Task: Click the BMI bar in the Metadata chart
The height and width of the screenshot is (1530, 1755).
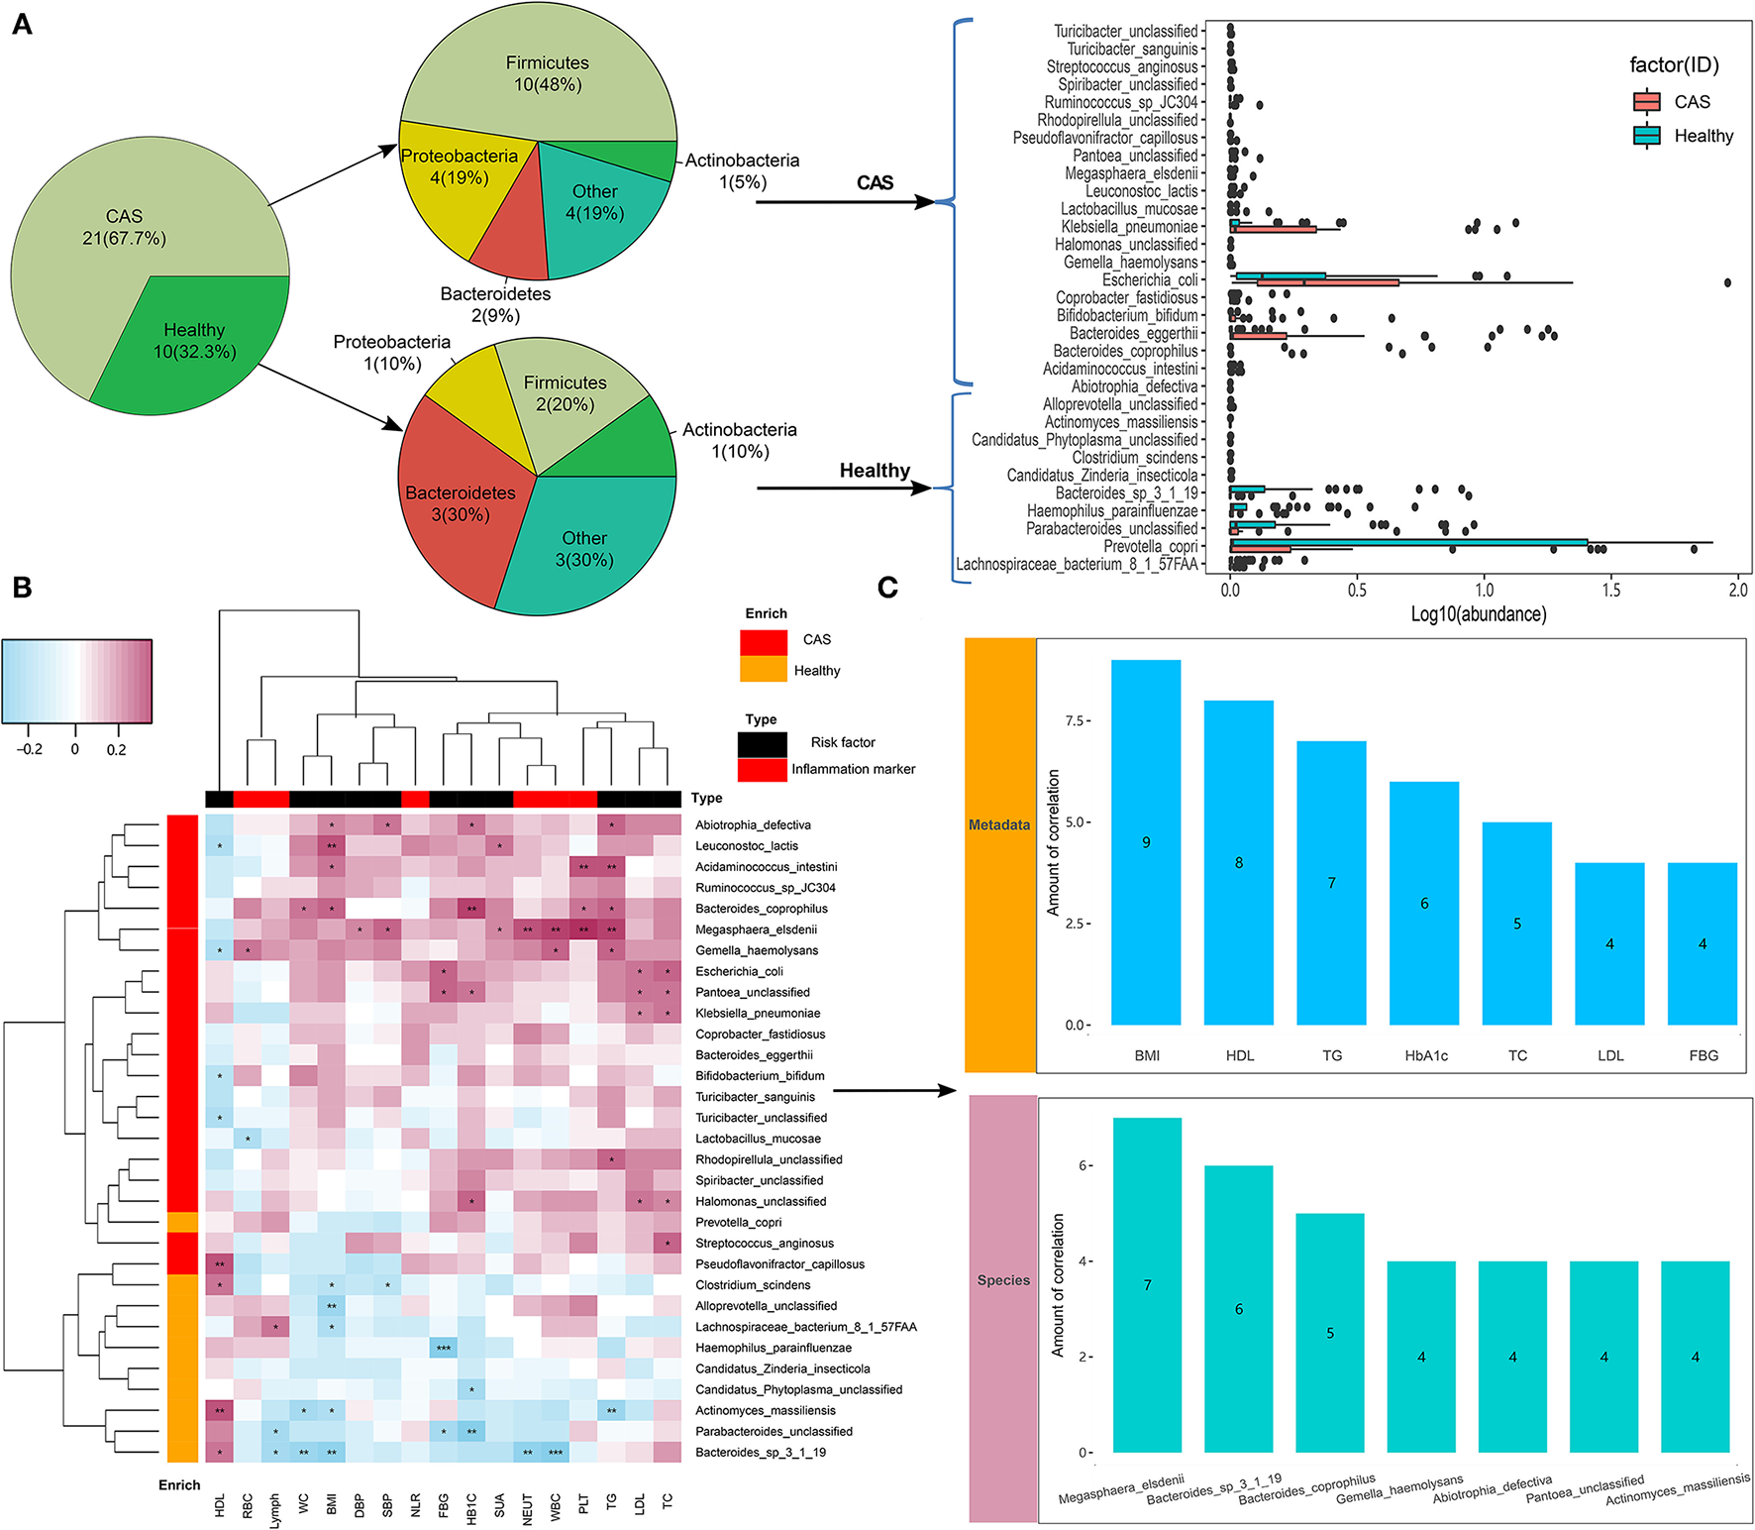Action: point(1146,842)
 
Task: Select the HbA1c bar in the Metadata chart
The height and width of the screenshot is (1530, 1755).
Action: point(1424,903)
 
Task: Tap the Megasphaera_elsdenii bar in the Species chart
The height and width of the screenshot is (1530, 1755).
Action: point(1147,1284)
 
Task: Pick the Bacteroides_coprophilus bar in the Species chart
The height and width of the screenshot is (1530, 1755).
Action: point(1330,1332)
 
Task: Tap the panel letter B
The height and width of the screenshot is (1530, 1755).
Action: point(22,588)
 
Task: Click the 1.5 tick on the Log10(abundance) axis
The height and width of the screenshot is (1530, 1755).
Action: point(1610,590)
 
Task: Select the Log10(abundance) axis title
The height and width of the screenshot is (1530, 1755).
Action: point(1479,613)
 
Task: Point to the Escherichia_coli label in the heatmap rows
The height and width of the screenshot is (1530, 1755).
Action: point(739,971)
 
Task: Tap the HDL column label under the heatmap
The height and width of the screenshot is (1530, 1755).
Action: point(220,1504)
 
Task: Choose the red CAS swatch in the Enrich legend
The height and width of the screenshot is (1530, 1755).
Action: point(764,641)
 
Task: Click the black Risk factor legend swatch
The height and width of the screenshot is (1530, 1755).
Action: point(762,743)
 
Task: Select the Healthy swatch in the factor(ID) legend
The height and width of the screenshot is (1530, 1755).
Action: point(1646,136)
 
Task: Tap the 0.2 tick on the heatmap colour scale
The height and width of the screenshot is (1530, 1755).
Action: point(116,749)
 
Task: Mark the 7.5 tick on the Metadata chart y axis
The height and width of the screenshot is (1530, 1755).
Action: point(1076,720)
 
